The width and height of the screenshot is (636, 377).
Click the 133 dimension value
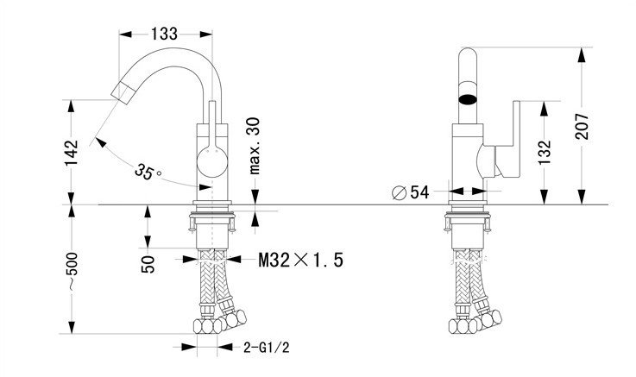click(165, 34)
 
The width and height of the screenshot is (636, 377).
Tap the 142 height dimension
click(72, 153)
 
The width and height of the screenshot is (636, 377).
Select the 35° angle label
click(148, 172)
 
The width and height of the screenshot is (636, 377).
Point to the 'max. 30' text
click(255, 146)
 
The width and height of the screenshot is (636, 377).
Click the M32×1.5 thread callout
click(301, 260)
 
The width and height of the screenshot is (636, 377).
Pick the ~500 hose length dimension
click(72, 271)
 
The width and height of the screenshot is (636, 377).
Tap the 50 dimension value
click(148, 264)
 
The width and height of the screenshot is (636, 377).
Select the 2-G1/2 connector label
click(267, 348)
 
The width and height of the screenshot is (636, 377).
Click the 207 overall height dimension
click(582, 127)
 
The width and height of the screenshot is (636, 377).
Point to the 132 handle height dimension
click(545, 153)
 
